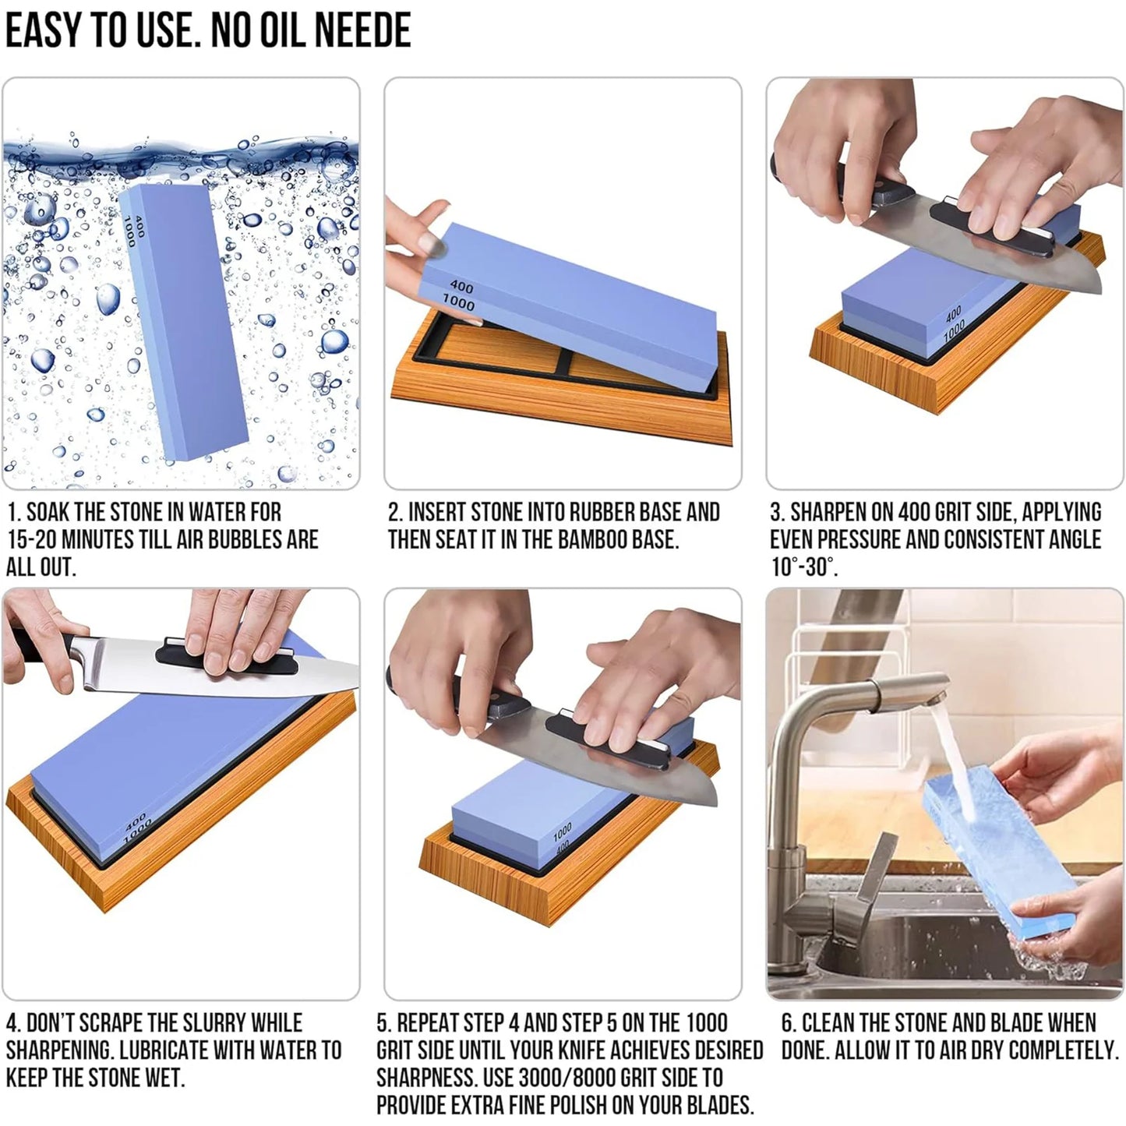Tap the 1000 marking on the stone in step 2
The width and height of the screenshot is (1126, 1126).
tap(458, 302)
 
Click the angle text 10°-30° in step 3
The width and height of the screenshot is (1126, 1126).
tap(803, 567)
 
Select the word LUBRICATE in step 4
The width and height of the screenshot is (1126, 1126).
tap(164, 1050)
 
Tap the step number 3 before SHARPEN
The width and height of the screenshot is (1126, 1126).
tap(776, 513)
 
